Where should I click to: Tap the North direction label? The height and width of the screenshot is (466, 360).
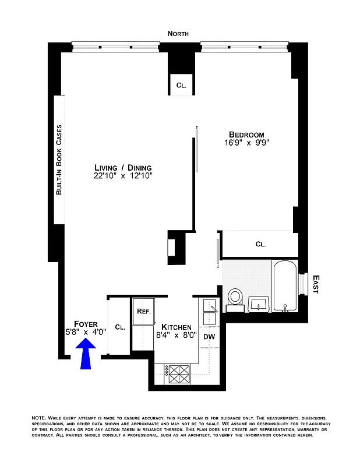[178, 34]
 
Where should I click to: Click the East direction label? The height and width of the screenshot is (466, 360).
[315, 284]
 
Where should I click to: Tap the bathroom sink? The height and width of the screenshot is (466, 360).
[259, 303]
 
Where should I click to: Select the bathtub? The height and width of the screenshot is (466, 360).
[285, 287]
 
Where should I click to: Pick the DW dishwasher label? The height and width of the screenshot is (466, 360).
[209, 337]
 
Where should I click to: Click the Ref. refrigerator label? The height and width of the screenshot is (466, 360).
[143, 312]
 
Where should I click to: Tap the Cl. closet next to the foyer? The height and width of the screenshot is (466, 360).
[119, 327]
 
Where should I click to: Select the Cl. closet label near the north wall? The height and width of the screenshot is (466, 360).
[181, 86]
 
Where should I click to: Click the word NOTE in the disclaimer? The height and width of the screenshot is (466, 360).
[40, 419]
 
